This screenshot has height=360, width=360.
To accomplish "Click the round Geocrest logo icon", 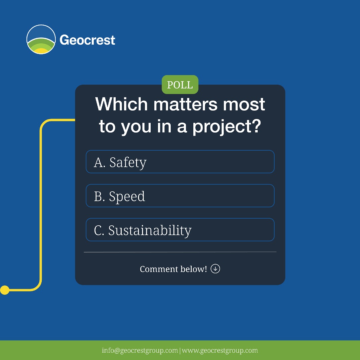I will click(41, 39).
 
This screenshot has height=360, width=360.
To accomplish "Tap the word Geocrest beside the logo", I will click(87, 40).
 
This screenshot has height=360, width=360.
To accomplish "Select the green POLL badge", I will click(180, 85).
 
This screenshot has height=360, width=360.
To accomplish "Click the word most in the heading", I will click(244, 104).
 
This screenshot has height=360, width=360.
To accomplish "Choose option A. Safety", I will click(180, 162).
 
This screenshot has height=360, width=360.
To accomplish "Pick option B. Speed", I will click(180, 196).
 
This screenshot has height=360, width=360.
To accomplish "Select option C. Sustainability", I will click(180, 230).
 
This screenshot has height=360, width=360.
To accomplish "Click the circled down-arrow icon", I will click(215, 269).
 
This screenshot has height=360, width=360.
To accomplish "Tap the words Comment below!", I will click(173, 269).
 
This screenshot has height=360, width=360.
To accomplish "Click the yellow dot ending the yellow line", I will click(5, 290).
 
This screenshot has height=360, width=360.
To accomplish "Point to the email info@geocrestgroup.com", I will click(140, 351).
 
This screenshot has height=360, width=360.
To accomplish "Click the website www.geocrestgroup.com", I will click(220, 351).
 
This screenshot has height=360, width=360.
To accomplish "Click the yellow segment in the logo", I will click(42, 51).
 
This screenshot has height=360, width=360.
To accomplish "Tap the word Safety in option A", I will click(128, 162).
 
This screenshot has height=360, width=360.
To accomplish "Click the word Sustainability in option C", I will click(150, 230).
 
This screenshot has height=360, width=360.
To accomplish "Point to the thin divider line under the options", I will click(180, 252).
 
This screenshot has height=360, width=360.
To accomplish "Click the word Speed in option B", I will click(127, 196).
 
